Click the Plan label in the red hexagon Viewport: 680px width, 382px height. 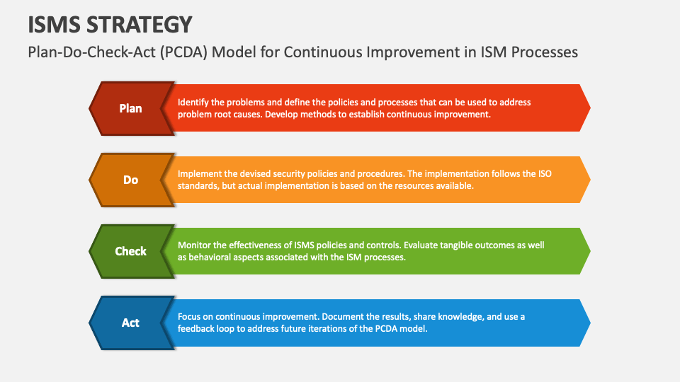pos(130,108)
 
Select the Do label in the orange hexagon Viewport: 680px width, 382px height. pos(130,180)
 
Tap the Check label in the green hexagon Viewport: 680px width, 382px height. pos(130,251)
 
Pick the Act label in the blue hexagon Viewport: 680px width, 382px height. pos(130,323)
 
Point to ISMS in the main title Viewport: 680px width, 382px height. pos(53,25)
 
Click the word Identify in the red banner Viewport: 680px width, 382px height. pos(193,103)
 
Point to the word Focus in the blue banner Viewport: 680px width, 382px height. pos(190,317)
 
